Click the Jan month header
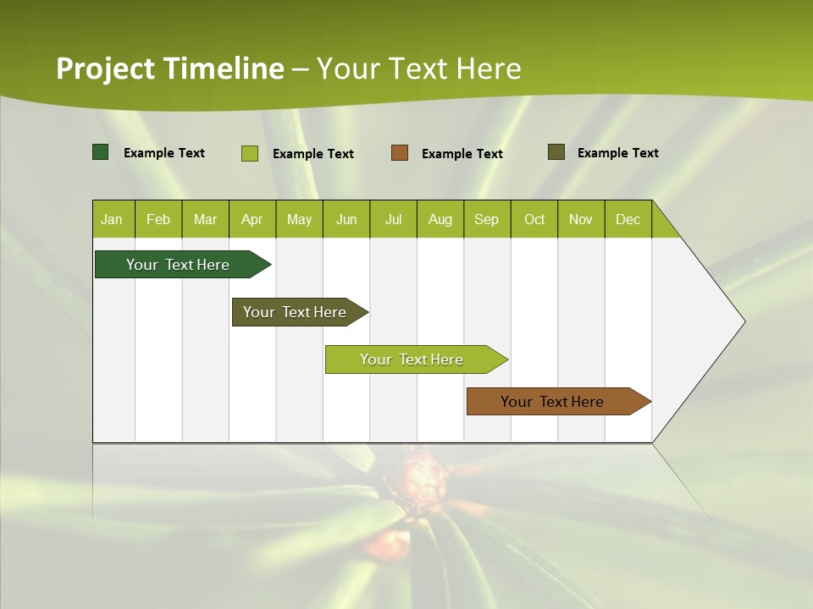(x=112, y=219)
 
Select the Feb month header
(x=158, y=219)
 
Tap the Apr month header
(x=252, y=219)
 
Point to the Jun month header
(x=346, y=219)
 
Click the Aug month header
(x=440, y=219)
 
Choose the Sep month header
(x=486, y=219)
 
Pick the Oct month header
(x=534, y=219)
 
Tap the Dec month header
(x=628, y=219)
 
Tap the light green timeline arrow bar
(x=412, y=359)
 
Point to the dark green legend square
(x=100, y=152)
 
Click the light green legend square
(x=249, y=153)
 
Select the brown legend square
(x=400, y=153)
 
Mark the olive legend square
(x=556, y=152)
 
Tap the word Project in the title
(x=105, y=69)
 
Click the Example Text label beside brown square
(x=462, y=154)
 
